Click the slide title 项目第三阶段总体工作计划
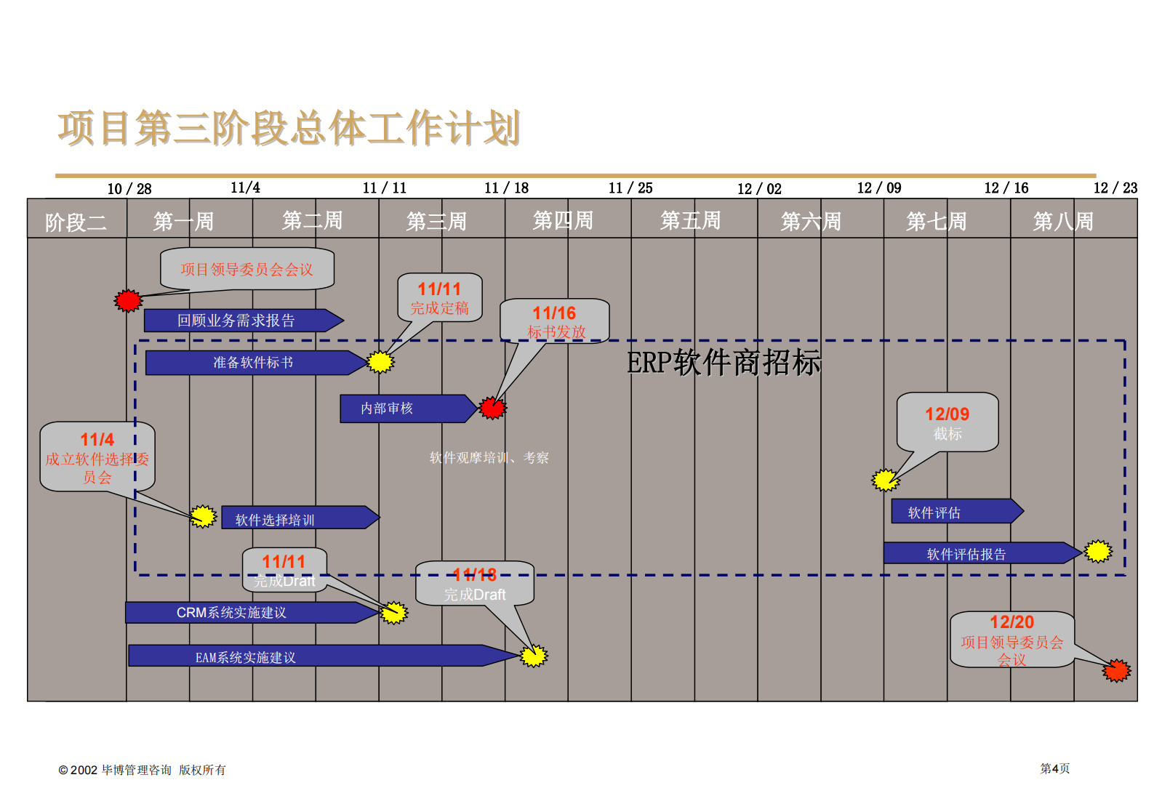pyautogui.click(x=289, y=129)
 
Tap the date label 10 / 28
pyautogui.click(x=129, y=189)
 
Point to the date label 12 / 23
pyautogui.click(x=1115, y=188)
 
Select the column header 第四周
pyautogui.click(x=563, y=220)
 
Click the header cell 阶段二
pyautogui.click(x=76, y=222)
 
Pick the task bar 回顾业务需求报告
pyautogui.click(x=236, y=321)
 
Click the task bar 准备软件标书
pyautogui.click(x=253, y=363)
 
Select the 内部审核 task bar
pyautogui.click(x=401, y=409)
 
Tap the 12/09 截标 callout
pyautogui.click(x=947, y=422)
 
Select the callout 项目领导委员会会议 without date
pyautogui.click(x=247, y=269)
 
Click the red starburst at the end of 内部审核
pyautogui.click(x=492, y=408)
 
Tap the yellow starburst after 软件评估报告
pyautogui.click(x=1098, y=552)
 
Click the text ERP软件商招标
pyautogui.click(x=724, y=363)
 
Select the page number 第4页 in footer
pyautogui.click(x=1054, y=768)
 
